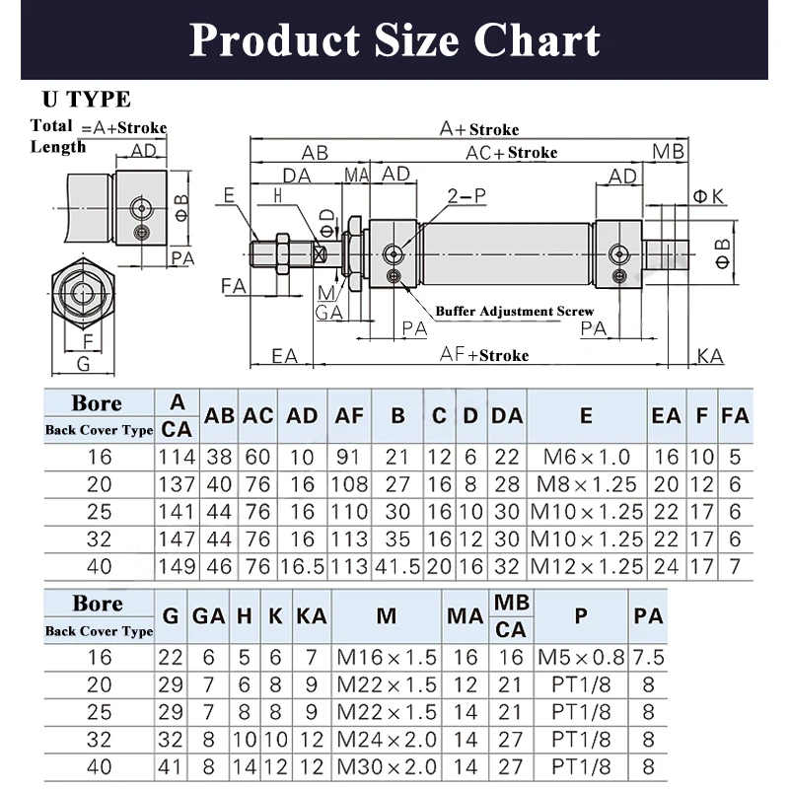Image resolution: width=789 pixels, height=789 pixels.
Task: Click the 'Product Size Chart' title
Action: [394, 40]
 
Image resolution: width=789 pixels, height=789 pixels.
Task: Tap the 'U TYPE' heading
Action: [87, 100]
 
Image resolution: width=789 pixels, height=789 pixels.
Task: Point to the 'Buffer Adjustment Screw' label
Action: [514, 311]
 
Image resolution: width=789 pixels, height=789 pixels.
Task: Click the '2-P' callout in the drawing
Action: [466, 195]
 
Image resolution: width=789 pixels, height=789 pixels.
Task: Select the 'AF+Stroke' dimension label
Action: [484, 355]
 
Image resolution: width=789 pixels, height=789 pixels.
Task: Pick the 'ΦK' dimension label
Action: [708, 196]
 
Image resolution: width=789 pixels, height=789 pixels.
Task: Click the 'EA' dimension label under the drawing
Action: [284, 356]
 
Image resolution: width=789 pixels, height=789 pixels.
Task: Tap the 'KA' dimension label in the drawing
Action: [710, 356]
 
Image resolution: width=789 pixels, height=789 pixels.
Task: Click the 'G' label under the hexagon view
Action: [83, 363]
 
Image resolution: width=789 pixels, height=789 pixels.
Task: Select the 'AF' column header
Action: [349, 415]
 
